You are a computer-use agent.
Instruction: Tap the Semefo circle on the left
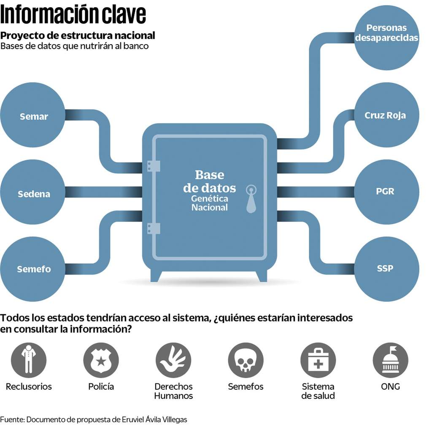click(33, 269)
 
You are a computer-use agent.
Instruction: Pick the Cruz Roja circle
click(386, 115)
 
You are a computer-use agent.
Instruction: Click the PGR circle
click(386, 192)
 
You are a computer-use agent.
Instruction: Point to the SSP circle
click(386, 268)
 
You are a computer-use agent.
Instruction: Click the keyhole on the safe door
click(251, 198)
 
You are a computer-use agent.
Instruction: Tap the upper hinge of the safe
click(153, 166)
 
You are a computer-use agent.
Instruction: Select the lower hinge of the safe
click(153, 228)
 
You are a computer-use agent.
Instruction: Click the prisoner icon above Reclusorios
click(29, 360)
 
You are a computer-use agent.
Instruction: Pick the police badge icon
click(101, 360)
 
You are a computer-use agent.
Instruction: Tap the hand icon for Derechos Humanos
click(173, 360)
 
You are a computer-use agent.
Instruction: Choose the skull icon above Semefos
click(246, 360)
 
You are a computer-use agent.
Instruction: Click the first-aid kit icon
click(318, 360)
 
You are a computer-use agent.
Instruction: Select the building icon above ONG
click(390, 360)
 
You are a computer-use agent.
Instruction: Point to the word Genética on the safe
click(210, 198)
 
